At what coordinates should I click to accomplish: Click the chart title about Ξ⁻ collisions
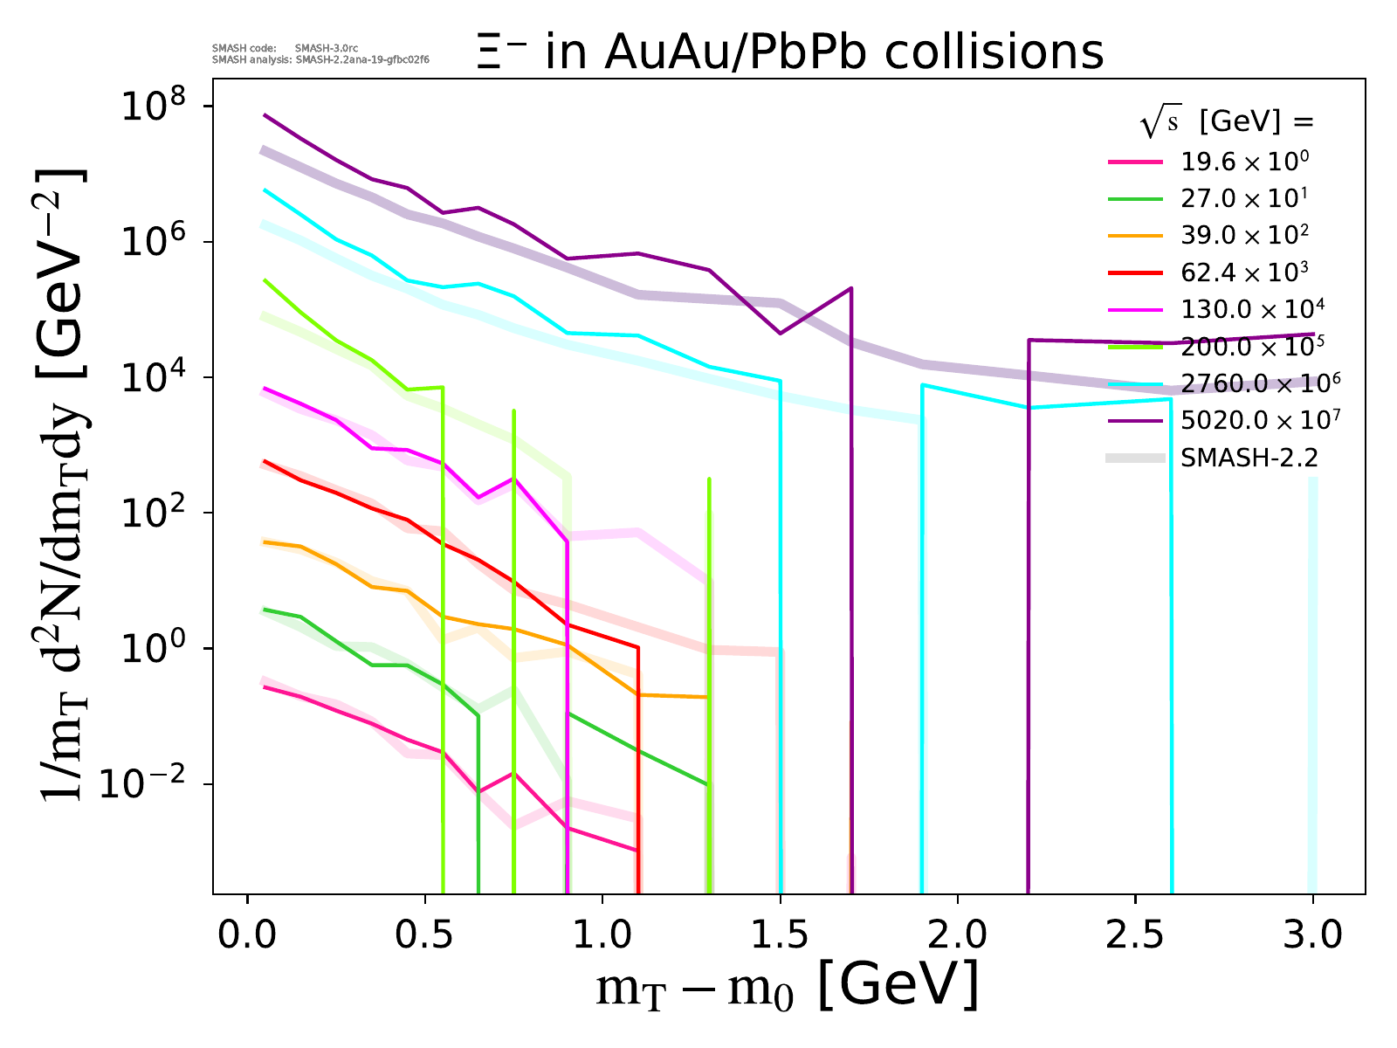(x=789, y=52)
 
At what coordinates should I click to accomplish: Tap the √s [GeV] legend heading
(x=1227, y=123)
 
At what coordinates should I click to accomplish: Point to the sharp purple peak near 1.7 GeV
(x=850, y=289)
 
